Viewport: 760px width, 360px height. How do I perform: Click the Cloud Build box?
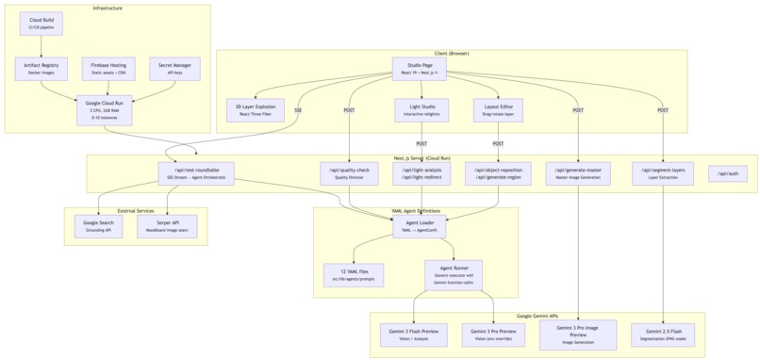[x=41, y=24]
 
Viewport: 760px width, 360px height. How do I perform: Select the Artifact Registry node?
[x=41, y=68]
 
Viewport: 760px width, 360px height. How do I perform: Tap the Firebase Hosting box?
[x=108, y=68]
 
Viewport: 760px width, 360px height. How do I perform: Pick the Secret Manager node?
[x=174, y=68]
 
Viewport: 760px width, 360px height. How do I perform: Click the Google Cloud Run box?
[x=105, y=110]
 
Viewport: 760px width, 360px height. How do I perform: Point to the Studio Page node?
[x=420, y=68]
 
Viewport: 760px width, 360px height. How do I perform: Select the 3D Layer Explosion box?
[x=256, y=109]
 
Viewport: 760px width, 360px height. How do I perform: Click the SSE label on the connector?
[x=298, y=110]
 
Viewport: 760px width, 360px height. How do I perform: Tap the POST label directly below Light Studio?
[x=421, y=144]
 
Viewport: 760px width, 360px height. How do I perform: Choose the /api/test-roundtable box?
[x=196, y=173]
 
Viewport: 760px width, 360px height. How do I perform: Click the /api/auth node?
[x=727, y=173]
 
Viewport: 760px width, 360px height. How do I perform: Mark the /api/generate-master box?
[x=578, y=173]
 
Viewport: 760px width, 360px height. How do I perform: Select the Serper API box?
[x=167, y=226]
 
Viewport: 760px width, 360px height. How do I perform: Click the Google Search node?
[x=98, y=226]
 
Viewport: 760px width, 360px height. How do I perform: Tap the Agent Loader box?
[x=420, y=226]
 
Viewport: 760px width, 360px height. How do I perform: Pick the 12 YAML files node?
[x=354, y=275]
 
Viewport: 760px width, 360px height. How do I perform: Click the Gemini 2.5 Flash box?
[x=663, y=335]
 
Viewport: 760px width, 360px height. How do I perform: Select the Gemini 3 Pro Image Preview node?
[x=578, y=335]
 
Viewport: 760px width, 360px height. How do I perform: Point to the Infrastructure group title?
[x=107, y=8]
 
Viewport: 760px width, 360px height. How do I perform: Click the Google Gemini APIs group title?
[x=537, y=317]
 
